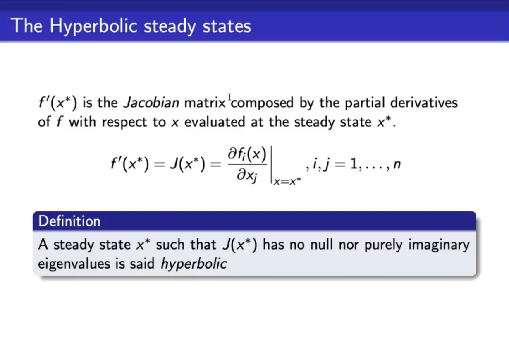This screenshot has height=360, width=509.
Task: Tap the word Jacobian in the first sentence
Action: click(x=151, y=103)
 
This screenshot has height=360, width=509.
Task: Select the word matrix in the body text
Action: click(x=205, y=103)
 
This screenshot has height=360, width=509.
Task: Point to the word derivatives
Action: click(x=424, y=103)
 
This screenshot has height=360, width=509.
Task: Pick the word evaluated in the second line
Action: click(x=215, y=122)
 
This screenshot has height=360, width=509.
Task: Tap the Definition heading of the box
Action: click(x=69, y=221)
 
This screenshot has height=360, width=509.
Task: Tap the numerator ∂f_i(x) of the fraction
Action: click(x=247, y=154)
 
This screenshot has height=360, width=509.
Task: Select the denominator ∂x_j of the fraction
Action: click(x=247, y=176)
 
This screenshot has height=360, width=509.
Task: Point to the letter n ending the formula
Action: click(x=397, y=164)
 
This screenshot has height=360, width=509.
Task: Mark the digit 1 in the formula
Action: click(x=354, y=164)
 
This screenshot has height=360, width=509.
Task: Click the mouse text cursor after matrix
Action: click(x=229, y=97)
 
